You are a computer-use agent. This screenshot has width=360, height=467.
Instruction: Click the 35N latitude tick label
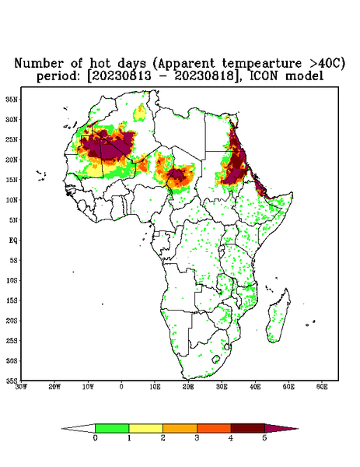[x=12, y=99]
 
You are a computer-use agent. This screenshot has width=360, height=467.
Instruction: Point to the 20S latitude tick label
[x=12, y=321]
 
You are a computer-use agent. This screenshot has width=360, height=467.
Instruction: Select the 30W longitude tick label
[x=21, y=387]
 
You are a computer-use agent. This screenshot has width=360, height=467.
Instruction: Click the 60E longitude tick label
[x=322, y=387]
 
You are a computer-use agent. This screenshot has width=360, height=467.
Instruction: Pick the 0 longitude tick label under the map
[x=121, y=387]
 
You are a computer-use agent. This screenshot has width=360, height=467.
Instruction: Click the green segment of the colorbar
[x=112, y=428]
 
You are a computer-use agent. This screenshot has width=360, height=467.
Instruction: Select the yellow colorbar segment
[x=145, y=428]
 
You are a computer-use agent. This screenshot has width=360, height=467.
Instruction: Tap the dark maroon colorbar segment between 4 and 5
[x=248, y=428]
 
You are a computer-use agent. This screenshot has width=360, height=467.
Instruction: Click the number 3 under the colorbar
[x=197, y=438]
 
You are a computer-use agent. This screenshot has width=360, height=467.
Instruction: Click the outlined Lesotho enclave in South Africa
[x=215, y=359]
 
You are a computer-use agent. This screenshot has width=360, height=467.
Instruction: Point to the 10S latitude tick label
[x=12, y=280]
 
